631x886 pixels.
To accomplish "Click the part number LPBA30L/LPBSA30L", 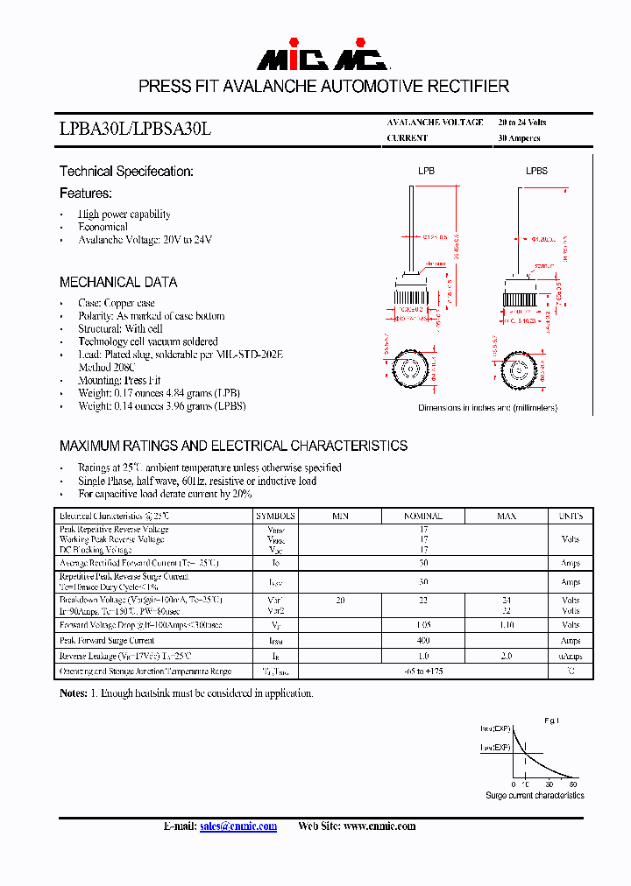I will pos(135,129).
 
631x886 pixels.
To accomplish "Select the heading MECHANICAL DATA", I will pos(118,282).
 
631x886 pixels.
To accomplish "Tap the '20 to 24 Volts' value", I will pos(521,123).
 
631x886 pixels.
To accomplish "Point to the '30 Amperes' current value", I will pos(519,138).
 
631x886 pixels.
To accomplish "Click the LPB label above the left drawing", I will pos(426,172).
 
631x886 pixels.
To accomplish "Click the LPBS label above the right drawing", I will pos(536,172).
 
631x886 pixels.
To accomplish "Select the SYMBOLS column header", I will pos(276,517).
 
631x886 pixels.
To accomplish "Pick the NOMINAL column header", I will pos(422,517).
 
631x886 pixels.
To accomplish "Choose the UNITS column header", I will pos(571,517).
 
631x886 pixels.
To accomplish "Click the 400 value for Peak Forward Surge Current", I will pos(422,641).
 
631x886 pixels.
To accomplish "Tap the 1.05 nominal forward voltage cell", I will pos(422,625).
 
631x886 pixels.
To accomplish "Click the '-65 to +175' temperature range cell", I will pos(422,671).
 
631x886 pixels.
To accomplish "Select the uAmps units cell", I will pos(571,656).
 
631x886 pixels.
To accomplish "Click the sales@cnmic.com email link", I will pos(238,826).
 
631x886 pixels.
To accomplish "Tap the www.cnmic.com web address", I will pos(379,826).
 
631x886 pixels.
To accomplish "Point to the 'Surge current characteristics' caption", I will pos(535,795).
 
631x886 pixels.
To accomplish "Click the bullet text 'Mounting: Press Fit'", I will pos(119,380).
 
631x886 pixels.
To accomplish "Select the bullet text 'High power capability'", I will pos(124,214).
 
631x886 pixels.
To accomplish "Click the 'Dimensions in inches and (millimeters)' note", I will pos(487,408).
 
